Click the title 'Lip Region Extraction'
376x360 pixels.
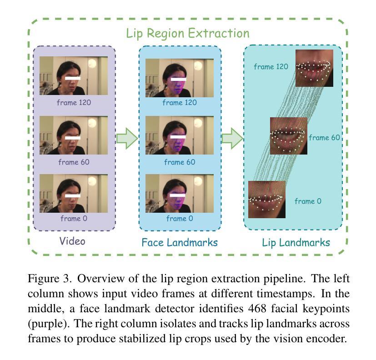click(x=188, y=33)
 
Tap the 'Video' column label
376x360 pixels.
click(x=72, y=240)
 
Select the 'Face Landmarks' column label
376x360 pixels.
click(x=180, y=242)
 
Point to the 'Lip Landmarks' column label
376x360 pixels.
click(x=296, y=242)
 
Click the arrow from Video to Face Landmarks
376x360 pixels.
click(x=127, y=138)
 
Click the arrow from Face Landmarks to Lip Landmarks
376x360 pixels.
click(x=232, y=138)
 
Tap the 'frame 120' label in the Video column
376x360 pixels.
click(x=74, y=102)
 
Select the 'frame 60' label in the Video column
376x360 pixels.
click(x=74, y=161)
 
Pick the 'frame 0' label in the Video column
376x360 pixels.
click(x=74, y=218)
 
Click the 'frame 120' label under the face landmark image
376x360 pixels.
click(x=180, y=102)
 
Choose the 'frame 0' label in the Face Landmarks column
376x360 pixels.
click(x=180, y=218)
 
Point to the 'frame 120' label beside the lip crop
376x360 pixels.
click(x=271, y=67)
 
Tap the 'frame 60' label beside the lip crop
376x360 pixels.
click(x=325, y=137)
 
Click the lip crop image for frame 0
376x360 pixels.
click(x=267, y=199)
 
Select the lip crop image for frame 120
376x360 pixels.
click(x=314, y=68)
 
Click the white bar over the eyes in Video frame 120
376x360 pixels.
click(x=73, y=78)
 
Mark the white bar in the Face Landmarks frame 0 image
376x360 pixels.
click(x=179, y=195)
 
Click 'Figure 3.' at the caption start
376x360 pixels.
click(x=46, y=279)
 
